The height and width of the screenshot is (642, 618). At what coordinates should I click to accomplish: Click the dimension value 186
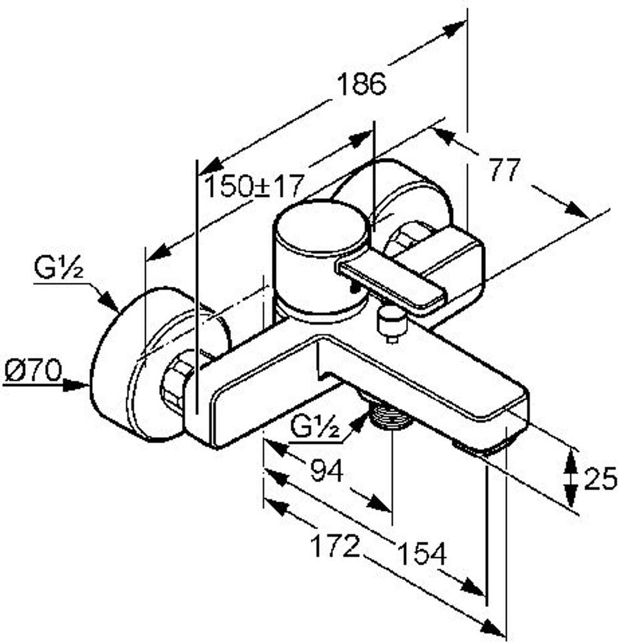pyautogui.click(x=360, y=84)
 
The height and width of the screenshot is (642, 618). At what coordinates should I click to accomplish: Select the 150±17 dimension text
pyautogui.click(x=254, y=186)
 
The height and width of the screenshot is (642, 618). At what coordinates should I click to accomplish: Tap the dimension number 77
pyautogui.click(x=505, y=169)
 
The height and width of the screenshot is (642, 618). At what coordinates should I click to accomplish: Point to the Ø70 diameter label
pyautogui.click(x=33, y=371)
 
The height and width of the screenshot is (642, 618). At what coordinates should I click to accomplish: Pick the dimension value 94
pyautogui.click(x=327, y=471)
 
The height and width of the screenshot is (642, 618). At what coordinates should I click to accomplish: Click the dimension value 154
pyautogui.click(x=422, y=553)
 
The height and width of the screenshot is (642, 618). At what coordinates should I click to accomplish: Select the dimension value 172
pyautogui.click(x=335, y=546)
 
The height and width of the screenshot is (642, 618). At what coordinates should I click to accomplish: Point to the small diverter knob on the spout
pyautogui.click(x=392, y=323)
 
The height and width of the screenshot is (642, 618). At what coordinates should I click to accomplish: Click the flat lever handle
pyautogui.click(x=391, y=283)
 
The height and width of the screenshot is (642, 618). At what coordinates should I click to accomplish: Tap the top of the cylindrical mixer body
pyautogui.click(x=322, y=229)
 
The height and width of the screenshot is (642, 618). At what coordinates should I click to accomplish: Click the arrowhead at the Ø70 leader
pyautogui.click(x=76, y=386)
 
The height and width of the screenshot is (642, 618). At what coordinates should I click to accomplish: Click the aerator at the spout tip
pyautogui.click(x=485, y=446)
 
